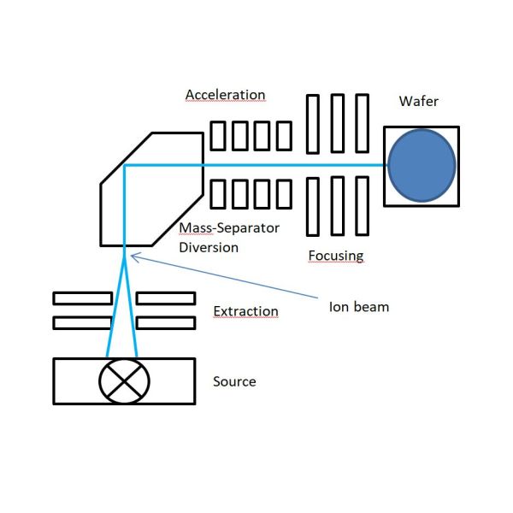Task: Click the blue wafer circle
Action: [x=422, y=166]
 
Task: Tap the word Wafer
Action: [x=418, y=102]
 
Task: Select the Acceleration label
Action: [x=225, y=94]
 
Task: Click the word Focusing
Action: [x=335, y=255]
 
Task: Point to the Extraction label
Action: [x=245, y=310]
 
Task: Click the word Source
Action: [x=234, y=380]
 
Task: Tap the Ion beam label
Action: [x=359, y=306]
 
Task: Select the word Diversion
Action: [x=209, y=247]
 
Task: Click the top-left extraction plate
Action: [x=82, y=298]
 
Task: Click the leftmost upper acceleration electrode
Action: [x=218, y=135]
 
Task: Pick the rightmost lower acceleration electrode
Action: [x=282, y=193]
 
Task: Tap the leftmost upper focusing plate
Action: [x=314, y=122]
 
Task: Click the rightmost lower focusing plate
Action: [x=362, y=205]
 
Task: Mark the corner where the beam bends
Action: [x=125, y=167]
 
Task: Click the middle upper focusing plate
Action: [x=338, y=122]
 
